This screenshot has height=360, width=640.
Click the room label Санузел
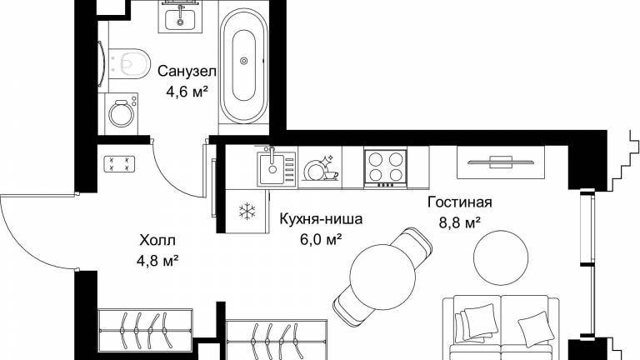point(187,72)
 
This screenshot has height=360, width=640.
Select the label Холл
point(157,240)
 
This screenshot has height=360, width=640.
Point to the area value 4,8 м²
point(158,260)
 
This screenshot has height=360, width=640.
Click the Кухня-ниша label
point(321,219)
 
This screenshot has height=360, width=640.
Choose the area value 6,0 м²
point(321,240)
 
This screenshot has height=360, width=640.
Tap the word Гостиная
point(460,202)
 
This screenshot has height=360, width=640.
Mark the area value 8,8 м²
point(460,222)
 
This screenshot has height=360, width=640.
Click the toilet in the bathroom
point(129,64)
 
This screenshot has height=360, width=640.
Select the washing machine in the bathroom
point(121,114)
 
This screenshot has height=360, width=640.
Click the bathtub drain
point(244,61)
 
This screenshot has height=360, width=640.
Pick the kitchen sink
point(272,167)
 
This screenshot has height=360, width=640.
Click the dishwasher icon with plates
point(320,168)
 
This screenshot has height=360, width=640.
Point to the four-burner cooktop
point(386,168)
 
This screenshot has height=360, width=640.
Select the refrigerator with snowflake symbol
point(247,211)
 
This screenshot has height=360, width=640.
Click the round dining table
point(382,277)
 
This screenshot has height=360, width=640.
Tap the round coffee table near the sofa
point(501,257)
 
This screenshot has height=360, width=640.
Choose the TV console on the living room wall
point(501,162)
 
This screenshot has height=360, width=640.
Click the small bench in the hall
point(120,163)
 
